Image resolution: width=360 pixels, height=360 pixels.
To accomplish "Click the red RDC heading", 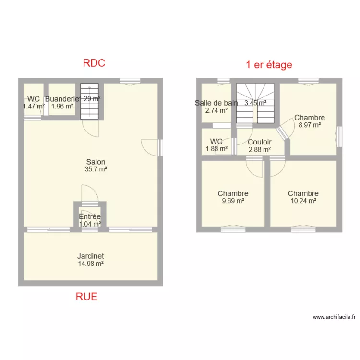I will tap(94, 63).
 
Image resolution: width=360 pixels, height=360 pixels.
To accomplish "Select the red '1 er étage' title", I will tap(269, 65).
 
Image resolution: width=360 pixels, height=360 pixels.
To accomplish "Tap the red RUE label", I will tap(86, 296).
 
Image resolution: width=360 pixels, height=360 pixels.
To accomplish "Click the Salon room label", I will tap(96, 162).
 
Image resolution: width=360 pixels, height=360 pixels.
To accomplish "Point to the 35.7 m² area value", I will tap(96, 169).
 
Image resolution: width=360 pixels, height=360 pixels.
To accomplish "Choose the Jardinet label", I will tap(91, 256).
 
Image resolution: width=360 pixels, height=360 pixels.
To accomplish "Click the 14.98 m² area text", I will tap(91, 263).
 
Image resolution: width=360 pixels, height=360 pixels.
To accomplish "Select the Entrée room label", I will tap(90, 216).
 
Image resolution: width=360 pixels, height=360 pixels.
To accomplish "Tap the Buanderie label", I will tap(61, 99).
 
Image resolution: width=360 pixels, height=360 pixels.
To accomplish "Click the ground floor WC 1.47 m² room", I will tap(33, 102).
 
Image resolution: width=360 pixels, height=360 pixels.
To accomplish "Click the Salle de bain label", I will tap(216, 103).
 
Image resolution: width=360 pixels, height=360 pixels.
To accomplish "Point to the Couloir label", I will tap(260, 142).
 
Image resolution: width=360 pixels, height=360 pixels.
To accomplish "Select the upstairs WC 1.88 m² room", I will tap(216, 144).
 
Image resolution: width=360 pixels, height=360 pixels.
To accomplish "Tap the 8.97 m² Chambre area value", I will tap(310, 125).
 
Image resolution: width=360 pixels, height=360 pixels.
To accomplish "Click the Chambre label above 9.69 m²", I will tap(233, 193).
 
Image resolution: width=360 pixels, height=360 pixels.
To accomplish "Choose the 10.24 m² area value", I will tap(303, 201).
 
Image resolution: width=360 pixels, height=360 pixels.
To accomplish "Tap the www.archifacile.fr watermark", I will tap(334, 317).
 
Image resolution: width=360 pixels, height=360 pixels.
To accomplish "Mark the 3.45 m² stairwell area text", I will tap(255, 103).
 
